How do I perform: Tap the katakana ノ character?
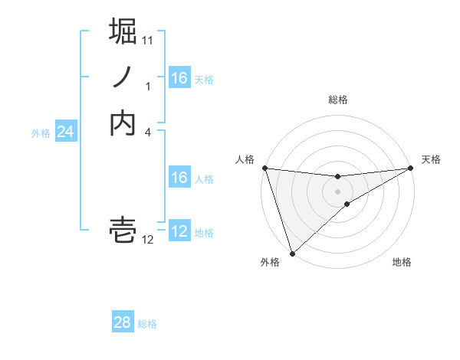click(123, 77)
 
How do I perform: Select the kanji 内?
click(123, 123)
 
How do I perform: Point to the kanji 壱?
click(123, 230)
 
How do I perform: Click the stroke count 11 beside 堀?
click(148, 40)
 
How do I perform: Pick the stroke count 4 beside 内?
click(148, 132)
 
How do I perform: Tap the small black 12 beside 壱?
click(148, 240)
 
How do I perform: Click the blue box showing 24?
click(65, 133)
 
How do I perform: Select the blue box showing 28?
click(122, 322)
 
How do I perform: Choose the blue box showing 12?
click(179, 231)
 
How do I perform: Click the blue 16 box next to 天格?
click(179, 78)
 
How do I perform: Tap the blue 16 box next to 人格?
click(179, 178)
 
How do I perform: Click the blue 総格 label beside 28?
click(147, 324)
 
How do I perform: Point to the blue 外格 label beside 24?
click(41, 133)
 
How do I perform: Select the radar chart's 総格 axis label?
click(338, 100)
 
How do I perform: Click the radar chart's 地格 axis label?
click(402, 263)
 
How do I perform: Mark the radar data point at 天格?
click(411, 168)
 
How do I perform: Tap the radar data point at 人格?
click(264, 168)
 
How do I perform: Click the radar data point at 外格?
click(292, 254)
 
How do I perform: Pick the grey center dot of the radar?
click(338, 191)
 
